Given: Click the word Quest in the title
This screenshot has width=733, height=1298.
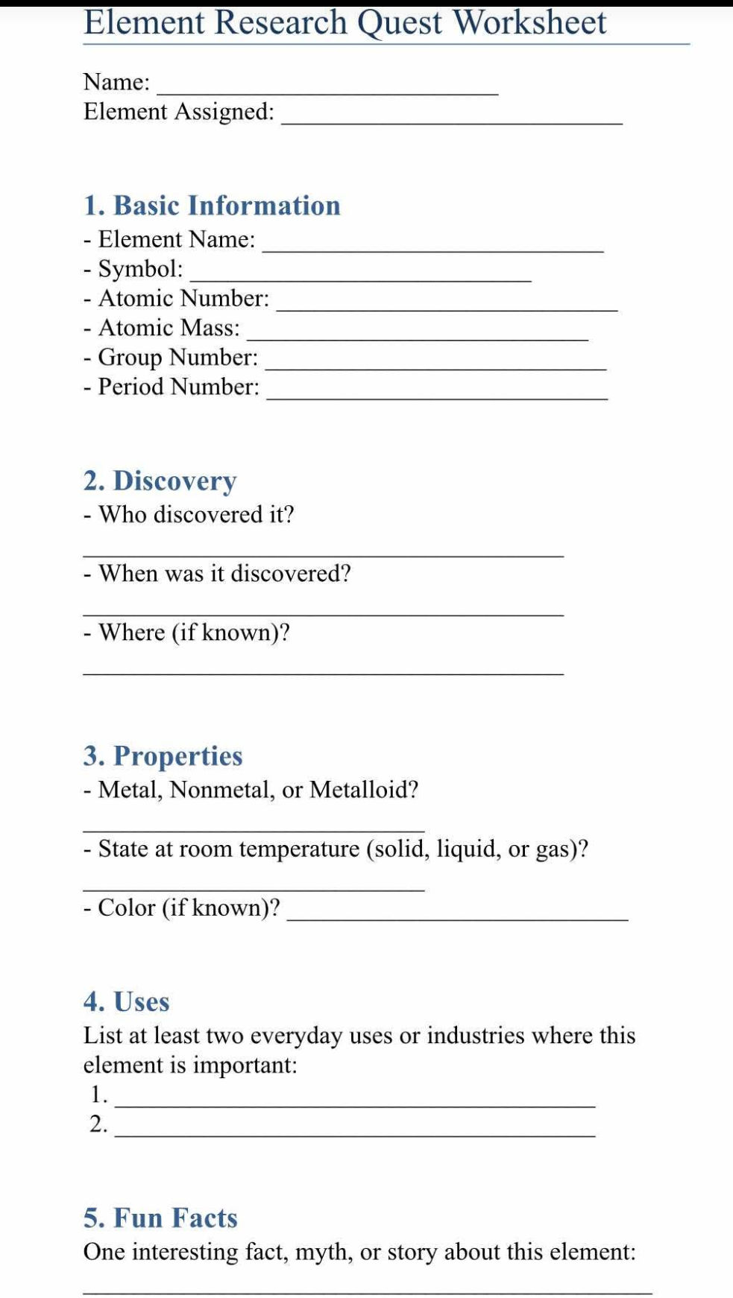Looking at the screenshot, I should coord(400,22).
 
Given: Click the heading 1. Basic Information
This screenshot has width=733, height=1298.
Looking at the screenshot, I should coord(212,206).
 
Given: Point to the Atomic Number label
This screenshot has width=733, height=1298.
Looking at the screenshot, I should coord(183,298).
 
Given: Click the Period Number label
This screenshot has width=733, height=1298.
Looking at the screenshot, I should coord(179,387).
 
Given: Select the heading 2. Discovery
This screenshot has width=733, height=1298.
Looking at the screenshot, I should coord(160,481).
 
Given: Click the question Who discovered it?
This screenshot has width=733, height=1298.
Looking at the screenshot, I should coord(196,515).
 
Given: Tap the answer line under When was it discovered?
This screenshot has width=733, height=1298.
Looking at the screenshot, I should coord(323,613).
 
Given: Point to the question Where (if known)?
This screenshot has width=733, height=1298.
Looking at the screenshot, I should coord(194,633).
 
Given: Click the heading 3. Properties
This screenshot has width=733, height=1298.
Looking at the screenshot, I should coord(163,756).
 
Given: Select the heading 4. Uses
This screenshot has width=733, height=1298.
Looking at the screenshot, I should coord(126,1002).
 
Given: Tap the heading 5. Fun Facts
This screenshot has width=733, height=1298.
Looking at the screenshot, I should coord(160,1218).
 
